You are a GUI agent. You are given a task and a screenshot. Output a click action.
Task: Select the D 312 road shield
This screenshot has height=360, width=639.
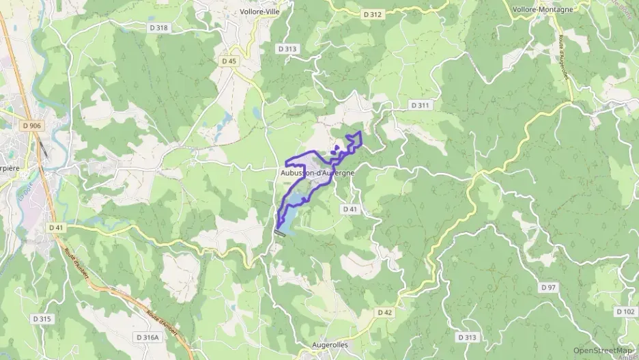(x=373, y=14)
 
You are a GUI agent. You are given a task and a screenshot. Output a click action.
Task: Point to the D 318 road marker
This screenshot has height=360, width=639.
(x=157, y=28)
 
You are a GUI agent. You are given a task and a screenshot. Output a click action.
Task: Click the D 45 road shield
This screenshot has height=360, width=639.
(x=229, y=61)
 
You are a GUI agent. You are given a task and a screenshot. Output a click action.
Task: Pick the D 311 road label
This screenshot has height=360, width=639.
(x=421, y=105)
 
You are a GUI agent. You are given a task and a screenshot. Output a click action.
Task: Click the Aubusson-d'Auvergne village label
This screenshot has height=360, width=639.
(x=317, y=174)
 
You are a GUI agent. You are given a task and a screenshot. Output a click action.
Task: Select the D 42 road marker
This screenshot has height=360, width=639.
(x=385, y=312)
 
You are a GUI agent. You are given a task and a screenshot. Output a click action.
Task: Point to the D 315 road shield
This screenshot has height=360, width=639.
(x=42, y=319)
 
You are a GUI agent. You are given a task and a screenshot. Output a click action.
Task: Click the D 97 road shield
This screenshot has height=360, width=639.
(x=548, y=288)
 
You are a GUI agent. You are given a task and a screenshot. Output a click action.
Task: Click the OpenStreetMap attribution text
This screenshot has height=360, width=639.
(x=603, y=349)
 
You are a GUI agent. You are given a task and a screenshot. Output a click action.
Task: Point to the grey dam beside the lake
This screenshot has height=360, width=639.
(x=280, y=233)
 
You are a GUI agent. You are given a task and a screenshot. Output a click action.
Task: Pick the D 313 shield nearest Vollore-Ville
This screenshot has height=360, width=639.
(x=287, y=49)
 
